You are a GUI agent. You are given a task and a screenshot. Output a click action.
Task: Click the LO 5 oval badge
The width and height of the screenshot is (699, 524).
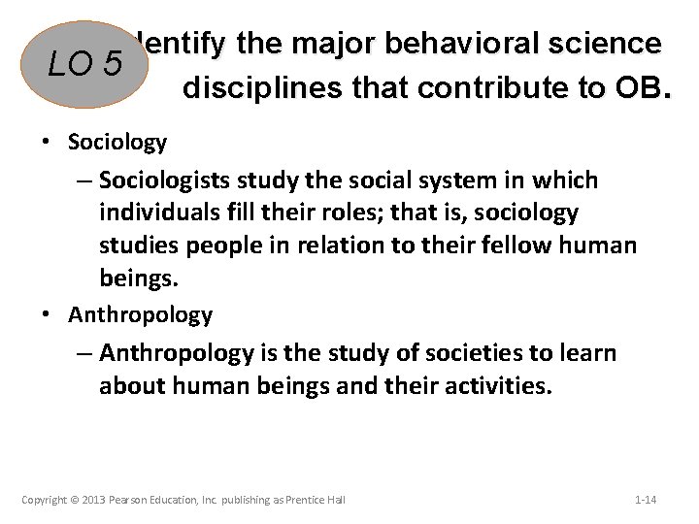tap(85, 65)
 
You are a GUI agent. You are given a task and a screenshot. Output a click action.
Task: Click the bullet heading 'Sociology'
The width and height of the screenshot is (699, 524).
tap(117, 142)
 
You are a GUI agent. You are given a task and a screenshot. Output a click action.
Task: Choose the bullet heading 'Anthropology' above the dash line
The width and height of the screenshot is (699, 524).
tap(140, 314)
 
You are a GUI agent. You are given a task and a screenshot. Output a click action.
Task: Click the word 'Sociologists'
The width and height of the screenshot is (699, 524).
tap(172, 180)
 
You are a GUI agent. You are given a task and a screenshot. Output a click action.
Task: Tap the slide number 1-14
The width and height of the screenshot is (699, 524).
tap(646, 500)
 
